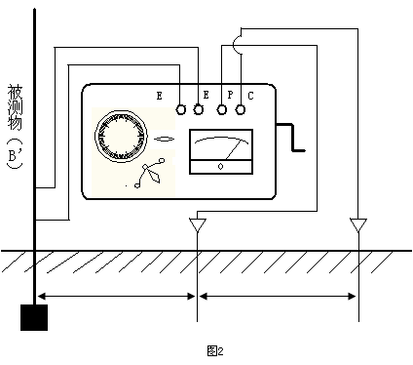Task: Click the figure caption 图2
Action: point(215,351)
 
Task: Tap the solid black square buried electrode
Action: point(34,317)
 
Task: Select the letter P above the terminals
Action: point(230,95)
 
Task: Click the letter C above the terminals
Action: point(250,96)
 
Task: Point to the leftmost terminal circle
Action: point(181,109)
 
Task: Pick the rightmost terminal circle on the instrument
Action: point(241,109)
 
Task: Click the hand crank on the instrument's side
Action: point(293,137)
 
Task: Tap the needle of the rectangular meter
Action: point(234,149)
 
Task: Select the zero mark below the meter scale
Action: point(221,167)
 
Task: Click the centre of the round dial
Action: point(121,136)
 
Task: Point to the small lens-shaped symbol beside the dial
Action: point(164,140)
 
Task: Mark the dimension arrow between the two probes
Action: point(278,296)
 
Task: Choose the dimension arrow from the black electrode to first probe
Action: point(117,296)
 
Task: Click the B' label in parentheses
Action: point(15,155)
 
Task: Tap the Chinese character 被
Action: point(16,93)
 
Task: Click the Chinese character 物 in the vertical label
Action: point(15,123)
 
